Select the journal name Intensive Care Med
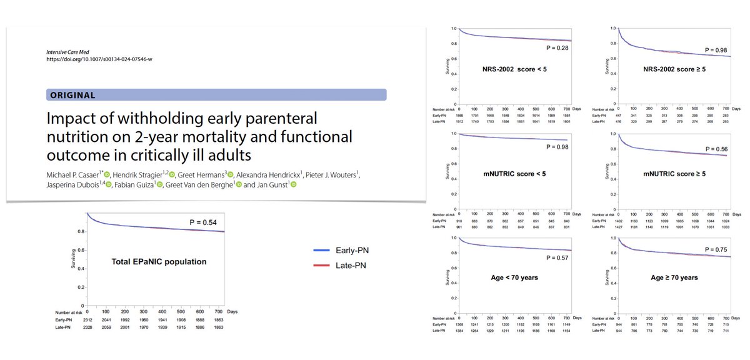(68, 52)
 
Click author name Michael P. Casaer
(72, 173)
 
